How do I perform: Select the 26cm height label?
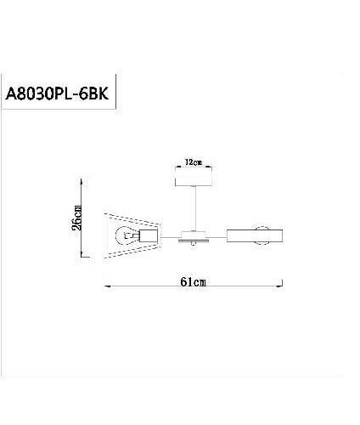(77, 218)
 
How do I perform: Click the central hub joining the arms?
(195, 234)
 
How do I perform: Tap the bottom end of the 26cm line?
(82, 256)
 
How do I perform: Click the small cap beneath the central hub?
(195, 243)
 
